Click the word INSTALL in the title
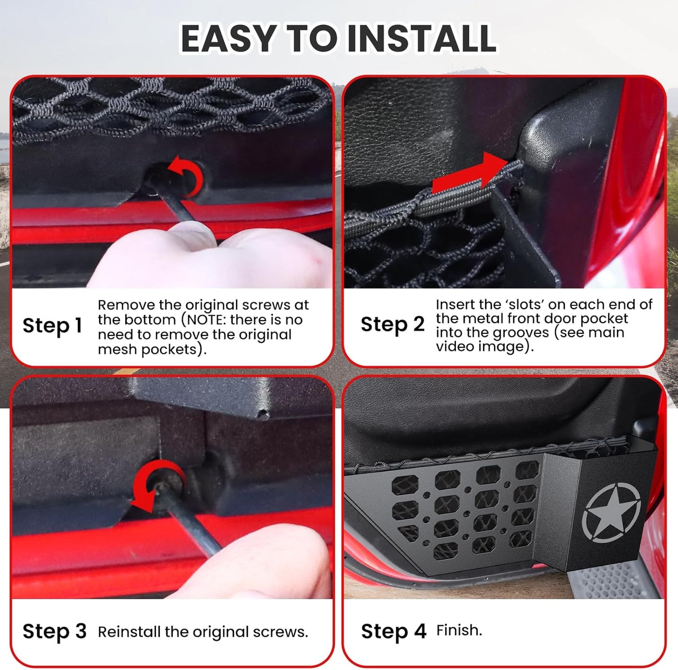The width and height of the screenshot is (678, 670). pos(421,39)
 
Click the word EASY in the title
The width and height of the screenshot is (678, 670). pos(229,39)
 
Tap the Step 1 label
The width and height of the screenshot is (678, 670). pos(52,325)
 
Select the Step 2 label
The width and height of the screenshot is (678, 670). pos(392,324)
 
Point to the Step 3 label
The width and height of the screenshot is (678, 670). pos(54,631)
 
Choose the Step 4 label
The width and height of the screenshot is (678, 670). pos(393,631)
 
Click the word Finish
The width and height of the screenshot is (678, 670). pos(459,630)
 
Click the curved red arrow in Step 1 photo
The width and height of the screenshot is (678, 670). pos(188,176)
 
